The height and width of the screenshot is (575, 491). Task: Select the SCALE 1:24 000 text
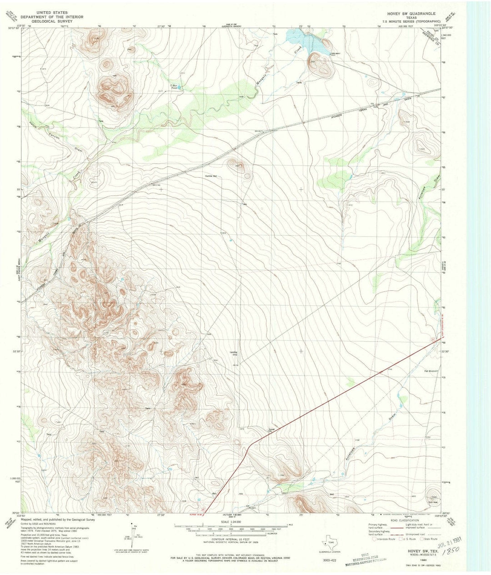tap(231, 522)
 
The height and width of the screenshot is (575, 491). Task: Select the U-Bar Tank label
tap(173, 86)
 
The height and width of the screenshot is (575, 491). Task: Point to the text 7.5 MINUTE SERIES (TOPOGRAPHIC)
tap(411, 21)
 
